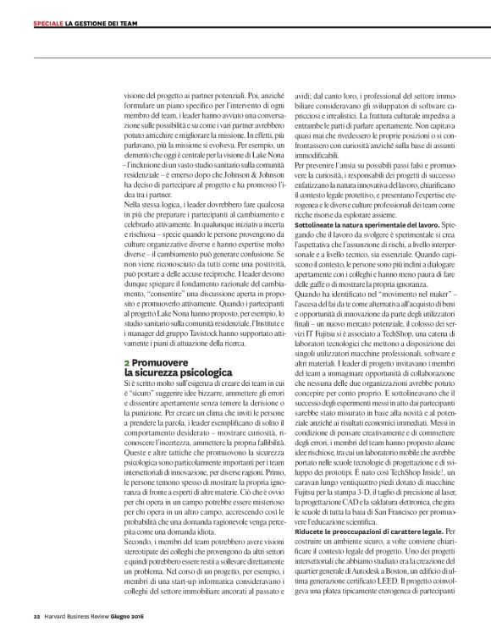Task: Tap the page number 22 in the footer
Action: pyautogui.click(x=36, y=615)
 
